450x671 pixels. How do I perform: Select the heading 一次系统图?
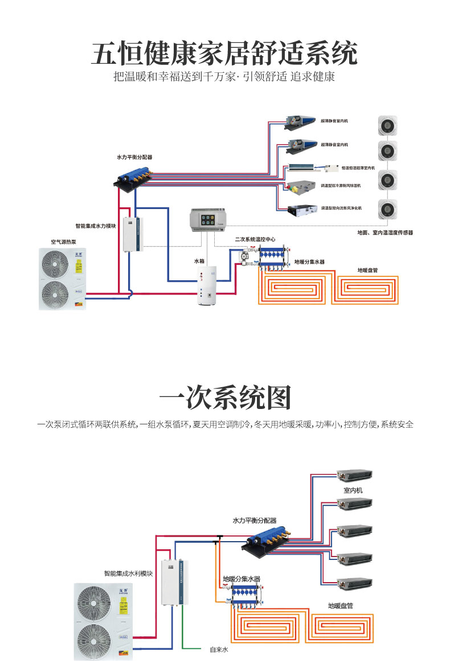coord(224,397)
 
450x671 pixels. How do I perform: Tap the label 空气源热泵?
coord(64,242)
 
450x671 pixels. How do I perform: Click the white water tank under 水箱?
coord(206,285)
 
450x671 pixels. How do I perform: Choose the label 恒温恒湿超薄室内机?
coord(358,168)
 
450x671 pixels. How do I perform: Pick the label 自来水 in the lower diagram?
coord(218,649)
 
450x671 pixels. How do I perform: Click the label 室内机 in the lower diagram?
coord(353,490)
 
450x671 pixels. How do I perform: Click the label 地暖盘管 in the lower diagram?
coord(340,605)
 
